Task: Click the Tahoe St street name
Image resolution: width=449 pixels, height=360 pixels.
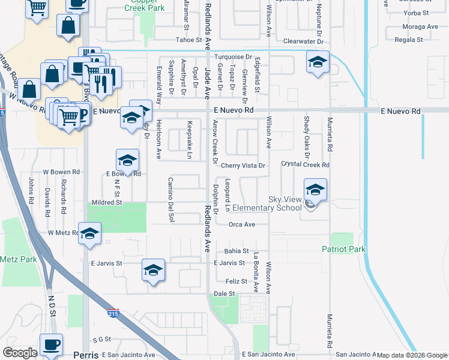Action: click(x=191, y=40)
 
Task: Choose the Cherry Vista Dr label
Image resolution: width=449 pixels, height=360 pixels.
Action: click(x=243, y=166)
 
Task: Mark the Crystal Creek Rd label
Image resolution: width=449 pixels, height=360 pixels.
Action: click(x=306, y=164)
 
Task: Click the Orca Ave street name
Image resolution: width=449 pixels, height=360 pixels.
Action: click(x=242, y=224)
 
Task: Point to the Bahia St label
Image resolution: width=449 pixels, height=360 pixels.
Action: click(x=236, y=251)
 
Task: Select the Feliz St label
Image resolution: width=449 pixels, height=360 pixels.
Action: click(x=237, y=281)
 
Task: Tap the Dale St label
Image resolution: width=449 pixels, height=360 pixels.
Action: click(x=224, y=293)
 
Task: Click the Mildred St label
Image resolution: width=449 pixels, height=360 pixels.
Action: click(x=106, y=203)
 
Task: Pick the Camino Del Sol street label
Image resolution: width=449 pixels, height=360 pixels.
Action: click(x=170, y=197)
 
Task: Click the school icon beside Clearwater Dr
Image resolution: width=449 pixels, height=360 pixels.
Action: click(x=318, y=62)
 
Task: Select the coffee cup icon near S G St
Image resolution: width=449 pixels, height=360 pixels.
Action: click(x=51, y=344)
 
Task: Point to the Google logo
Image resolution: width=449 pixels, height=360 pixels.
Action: click(x=20, y=353)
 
